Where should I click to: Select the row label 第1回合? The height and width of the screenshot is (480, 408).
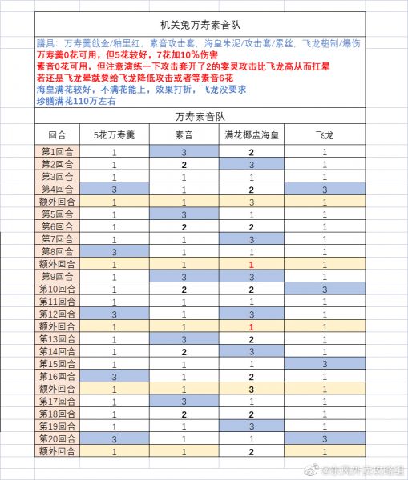pos(58,152)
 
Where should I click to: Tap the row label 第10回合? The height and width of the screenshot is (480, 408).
pos(58,288)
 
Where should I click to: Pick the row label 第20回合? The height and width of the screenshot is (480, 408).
pos(58,438)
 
